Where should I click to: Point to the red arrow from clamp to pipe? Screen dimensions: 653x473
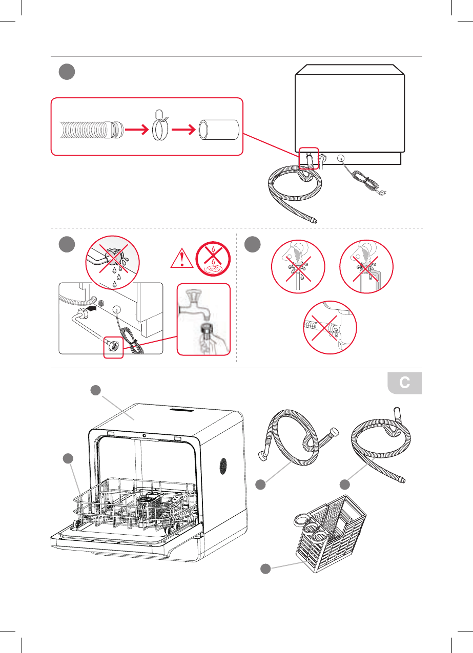pos(183,131)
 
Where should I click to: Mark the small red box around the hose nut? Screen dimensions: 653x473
pos(114,348)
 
